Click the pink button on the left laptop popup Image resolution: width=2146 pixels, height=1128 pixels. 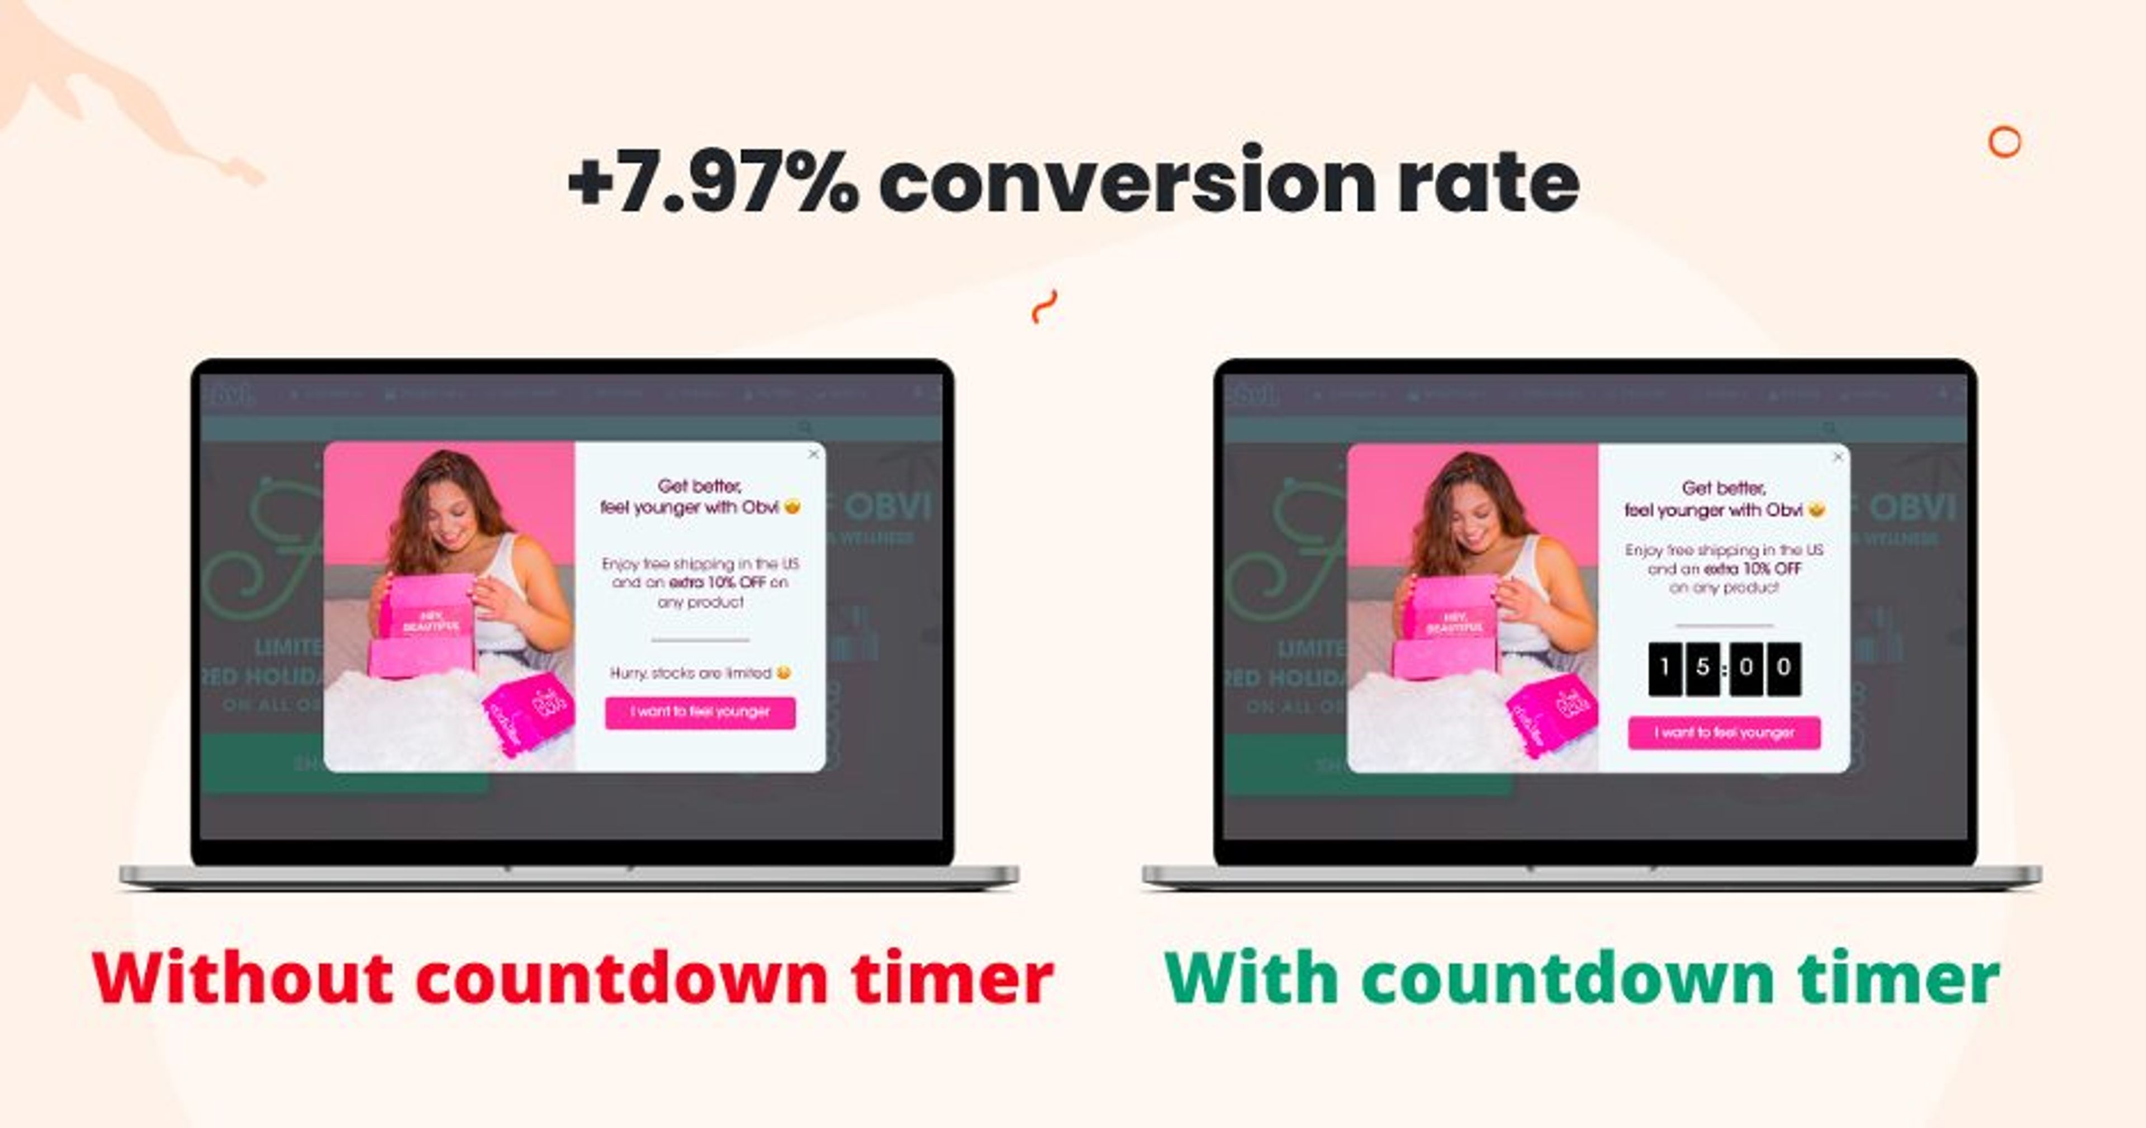(x=700, y=712)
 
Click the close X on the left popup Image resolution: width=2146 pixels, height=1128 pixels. (x=814, y=454)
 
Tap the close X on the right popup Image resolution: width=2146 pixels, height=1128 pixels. (x=1838, y=457)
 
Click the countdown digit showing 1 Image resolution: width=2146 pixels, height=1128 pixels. (x=1664, y=668)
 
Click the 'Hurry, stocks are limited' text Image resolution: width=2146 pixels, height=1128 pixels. (x=691, y=673)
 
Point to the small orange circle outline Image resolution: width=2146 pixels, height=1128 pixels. (x=2005, y=143)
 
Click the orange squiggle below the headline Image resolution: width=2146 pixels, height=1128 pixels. (x=1044, y=306)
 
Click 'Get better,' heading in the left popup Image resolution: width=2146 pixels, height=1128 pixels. (x=700, y=486)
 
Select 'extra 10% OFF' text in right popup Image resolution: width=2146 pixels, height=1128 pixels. (x=1752, y=569)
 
